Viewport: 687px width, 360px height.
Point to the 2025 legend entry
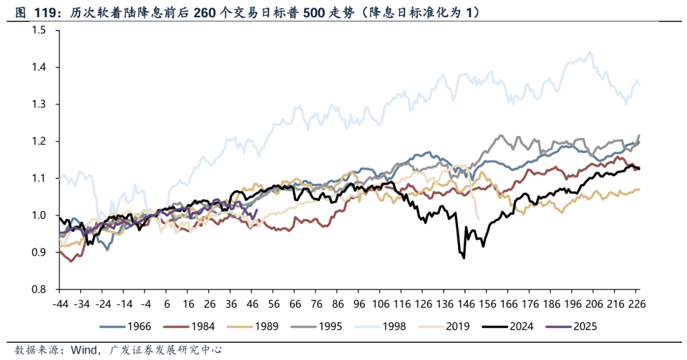pyautogui.click(x=585, y=327)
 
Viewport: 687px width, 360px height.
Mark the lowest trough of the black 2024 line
pyautogui.click(x=464, y=258)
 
